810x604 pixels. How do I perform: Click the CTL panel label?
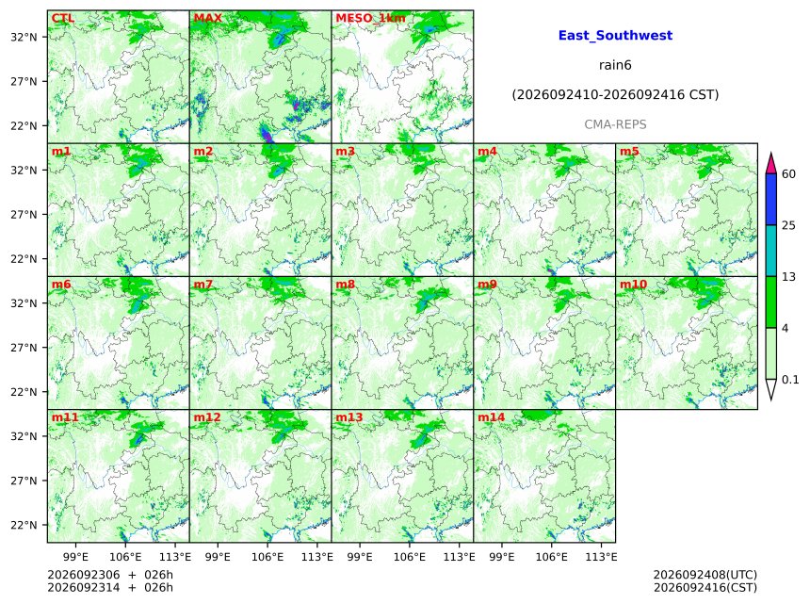tap(62, 18)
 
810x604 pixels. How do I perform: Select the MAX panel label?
tap(207, 18)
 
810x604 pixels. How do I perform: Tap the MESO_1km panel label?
tap(370, 18)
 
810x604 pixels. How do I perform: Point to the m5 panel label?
tap(629, 152)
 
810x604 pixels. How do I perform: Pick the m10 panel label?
tap(633, 285)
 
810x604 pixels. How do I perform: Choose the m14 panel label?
tap(491, 417)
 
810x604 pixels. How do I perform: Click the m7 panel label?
tap(203, 285)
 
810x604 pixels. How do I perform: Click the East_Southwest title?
tap(615, 36)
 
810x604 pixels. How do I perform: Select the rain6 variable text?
tap(615, 65)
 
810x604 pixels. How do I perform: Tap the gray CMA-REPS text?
tap(615, 124)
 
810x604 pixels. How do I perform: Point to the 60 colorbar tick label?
tap(788, 173)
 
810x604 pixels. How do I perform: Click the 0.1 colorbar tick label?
tap(790, 380)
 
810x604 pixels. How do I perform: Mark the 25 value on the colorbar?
tap(788, 225)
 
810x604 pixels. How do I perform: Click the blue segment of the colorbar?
tap(770, 200)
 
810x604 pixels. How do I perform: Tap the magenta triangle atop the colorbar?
tap(770, 163)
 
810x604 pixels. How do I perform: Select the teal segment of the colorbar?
tap(770, 251)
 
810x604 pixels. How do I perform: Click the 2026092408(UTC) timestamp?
tap(705, 575)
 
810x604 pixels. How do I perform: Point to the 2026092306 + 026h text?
tap(110, 575)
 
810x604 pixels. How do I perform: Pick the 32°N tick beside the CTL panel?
tap(24, 37)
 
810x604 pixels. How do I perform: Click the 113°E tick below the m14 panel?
tap(601, 557)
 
